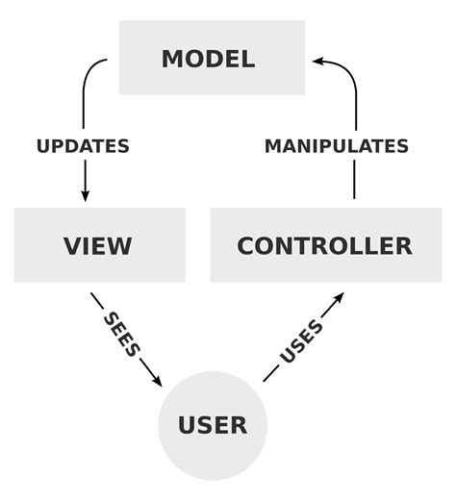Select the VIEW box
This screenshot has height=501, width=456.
tap(99, 245)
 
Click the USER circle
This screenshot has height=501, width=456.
tap(213, 424)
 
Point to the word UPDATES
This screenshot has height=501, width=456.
tap(83, 146)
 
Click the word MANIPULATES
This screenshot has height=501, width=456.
tap(337, 146)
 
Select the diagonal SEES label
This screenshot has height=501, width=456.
tap(122, 333)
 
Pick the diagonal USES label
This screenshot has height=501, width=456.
tap(301, 341)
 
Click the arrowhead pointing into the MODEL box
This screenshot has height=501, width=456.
tap(318, 61)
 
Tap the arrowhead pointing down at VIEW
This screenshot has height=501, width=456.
tap(85, 194)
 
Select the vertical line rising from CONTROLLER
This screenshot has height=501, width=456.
tap(355, 178)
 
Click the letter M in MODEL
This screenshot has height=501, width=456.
tap(173, 58)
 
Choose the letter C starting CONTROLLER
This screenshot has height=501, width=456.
tap(246, 245)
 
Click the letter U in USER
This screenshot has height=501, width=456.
tap(188, 424)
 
